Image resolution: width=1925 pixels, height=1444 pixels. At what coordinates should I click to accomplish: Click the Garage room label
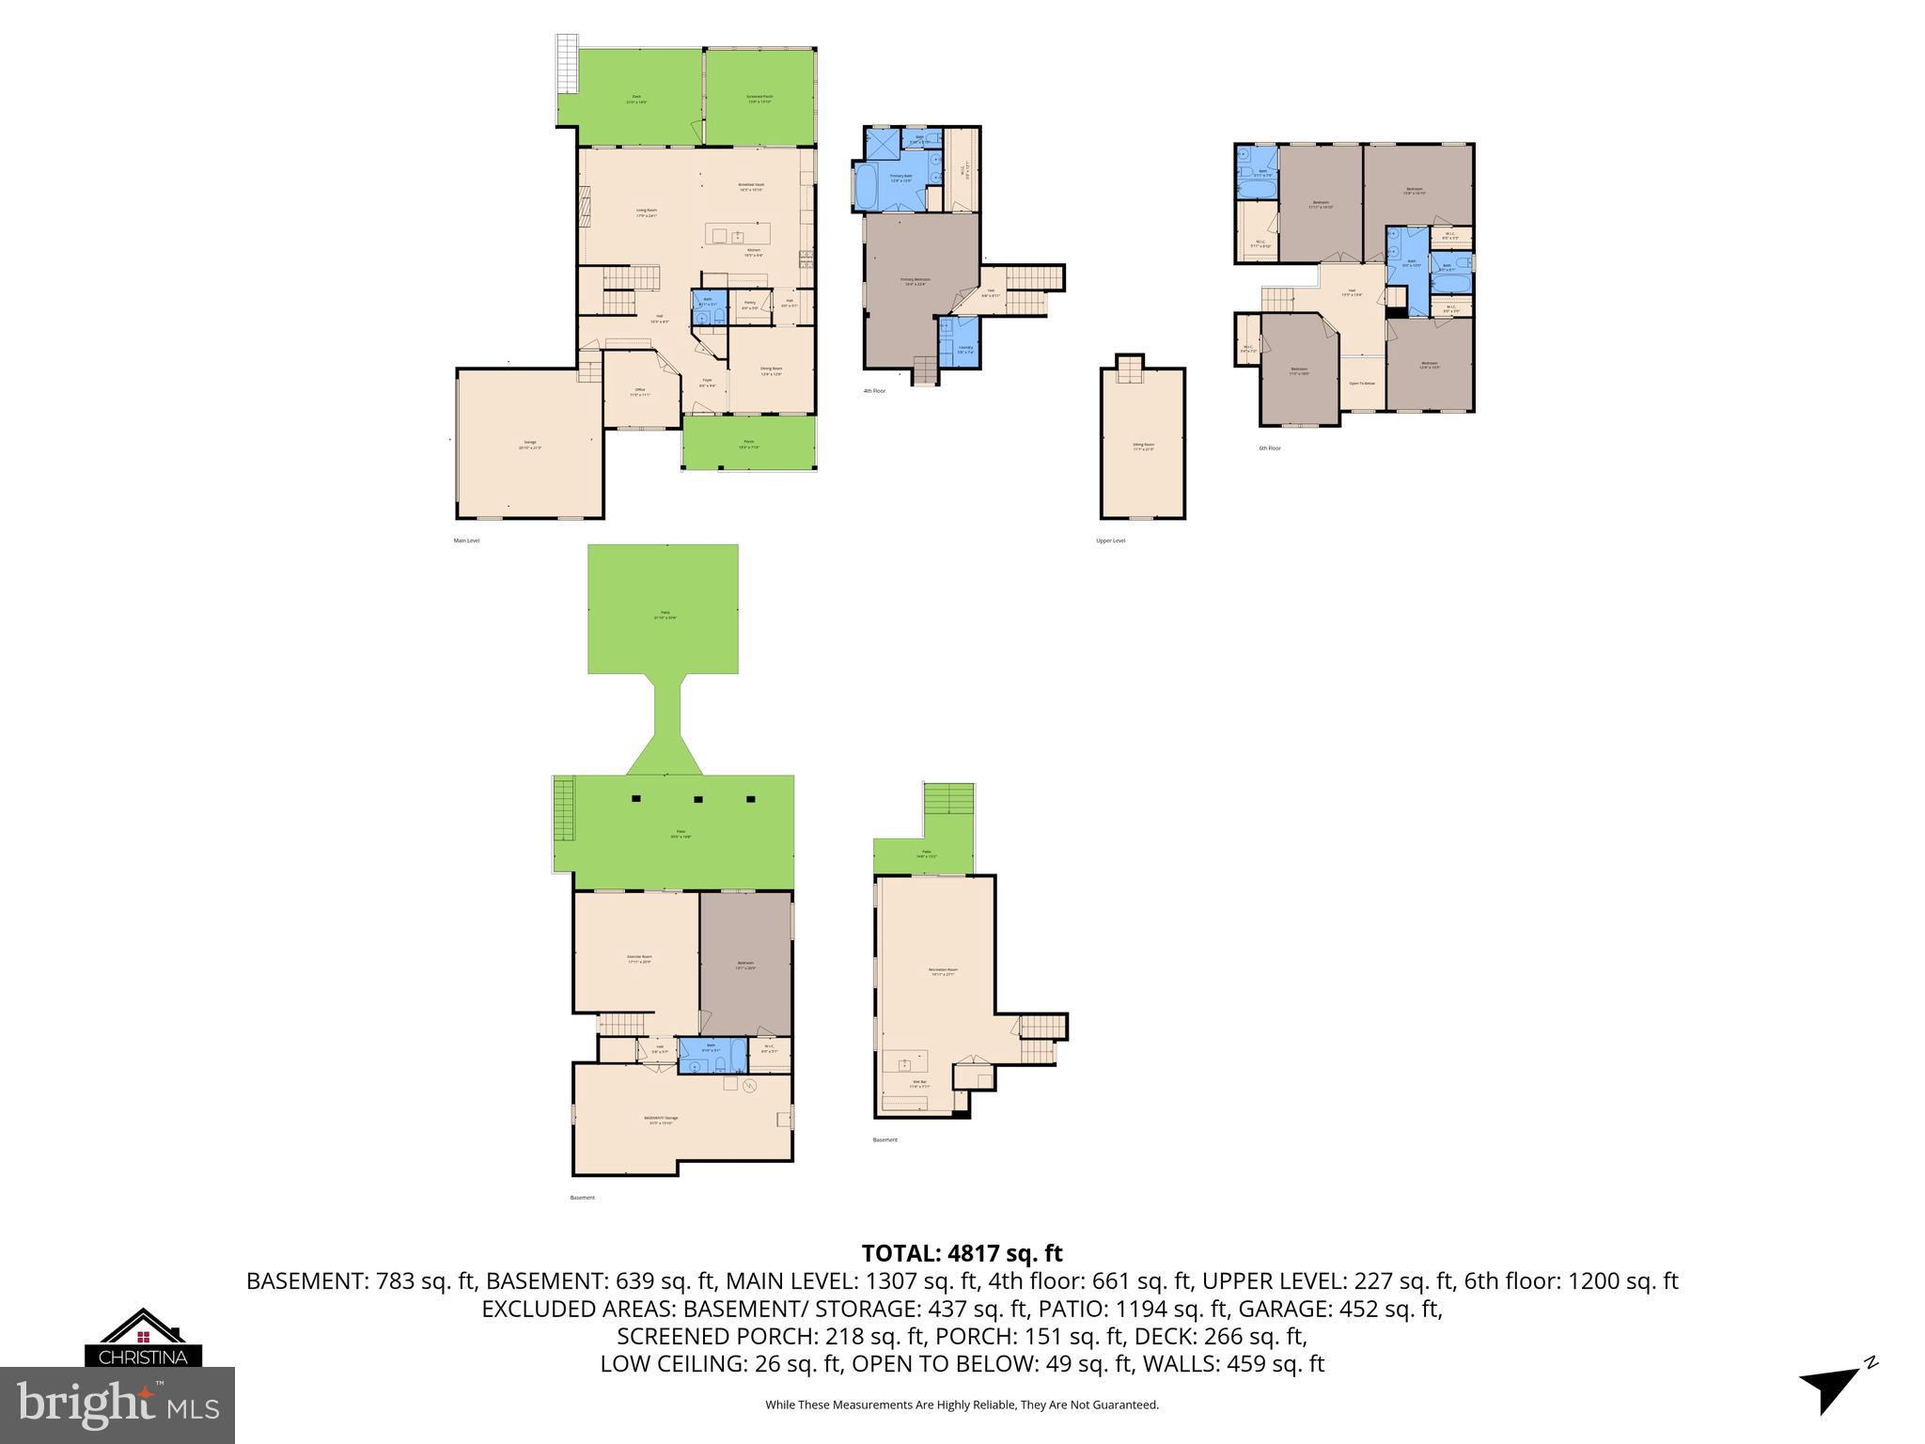(529, 445)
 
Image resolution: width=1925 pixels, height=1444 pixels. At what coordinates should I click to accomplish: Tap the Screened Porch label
(759, 98)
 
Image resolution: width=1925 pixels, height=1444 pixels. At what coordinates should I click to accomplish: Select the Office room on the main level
(639, 392)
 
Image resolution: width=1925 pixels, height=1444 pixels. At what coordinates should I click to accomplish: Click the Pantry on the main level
(749, 305)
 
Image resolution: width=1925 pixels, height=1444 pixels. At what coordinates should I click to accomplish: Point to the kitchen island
(738, 235)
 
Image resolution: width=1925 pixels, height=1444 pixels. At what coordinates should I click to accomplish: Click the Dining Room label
(771, 370)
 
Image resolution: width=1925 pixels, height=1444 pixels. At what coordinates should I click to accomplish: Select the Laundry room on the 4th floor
(965, 350)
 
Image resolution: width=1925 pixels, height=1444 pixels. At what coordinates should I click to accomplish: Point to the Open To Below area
(1362, 384)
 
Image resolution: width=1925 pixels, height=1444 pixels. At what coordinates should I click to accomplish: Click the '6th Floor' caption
(1269, 448)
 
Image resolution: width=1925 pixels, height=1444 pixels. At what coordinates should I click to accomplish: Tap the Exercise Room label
(639, 959)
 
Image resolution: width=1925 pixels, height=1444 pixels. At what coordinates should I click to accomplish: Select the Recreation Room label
(943, 971)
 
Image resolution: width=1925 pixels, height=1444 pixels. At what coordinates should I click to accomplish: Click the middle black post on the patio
(698, 799)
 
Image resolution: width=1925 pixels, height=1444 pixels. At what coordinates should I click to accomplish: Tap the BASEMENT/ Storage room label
(661, 1119)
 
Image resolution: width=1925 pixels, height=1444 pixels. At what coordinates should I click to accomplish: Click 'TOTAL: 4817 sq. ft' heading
(962, 1253)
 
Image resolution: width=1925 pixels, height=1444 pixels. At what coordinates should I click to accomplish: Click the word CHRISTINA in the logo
(144, 1358)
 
